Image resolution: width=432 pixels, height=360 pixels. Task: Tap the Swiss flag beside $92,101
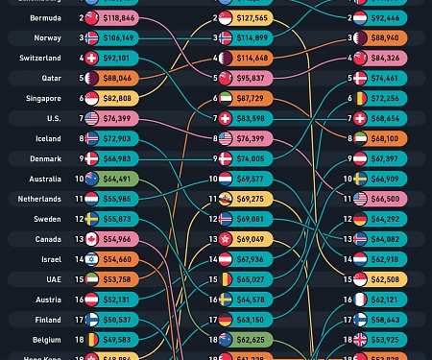point(92,58)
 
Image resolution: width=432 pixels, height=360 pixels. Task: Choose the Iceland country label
point(50,138)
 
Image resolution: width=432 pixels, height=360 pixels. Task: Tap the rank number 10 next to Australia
point(80,179)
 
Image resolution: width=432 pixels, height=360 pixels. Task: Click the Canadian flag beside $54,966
point(92,239)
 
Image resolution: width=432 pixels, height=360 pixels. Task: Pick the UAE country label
point(55,279)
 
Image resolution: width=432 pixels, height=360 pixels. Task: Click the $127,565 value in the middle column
point(251,18)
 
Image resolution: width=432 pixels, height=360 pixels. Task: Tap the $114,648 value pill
point(251,59)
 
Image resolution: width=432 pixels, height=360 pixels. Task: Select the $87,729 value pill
point(251,99)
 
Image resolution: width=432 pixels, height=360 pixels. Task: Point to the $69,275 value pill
point(251,199)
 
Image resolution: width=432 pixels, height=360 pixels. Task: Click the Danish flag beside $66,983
point(92,158)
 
